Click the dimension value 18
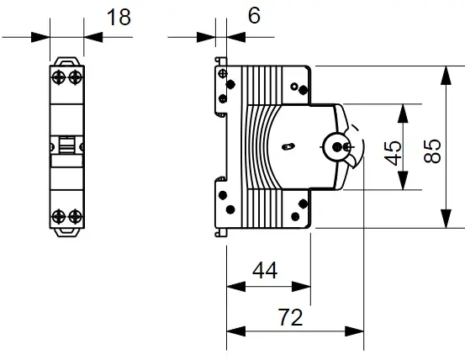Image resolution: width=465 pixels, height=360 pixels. (119, 17)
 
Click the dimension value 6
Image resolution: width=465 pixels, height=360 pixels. (254, 15)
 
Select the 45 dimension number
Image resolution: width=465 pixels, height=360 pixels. (393, 153)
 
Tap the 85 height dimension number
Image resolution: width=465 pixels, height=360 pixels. (432, 151)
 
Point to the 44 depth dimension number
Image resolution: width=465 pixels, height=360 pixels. (265, 271)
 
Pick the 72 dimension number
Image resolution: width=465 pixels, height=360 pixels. (290, 317)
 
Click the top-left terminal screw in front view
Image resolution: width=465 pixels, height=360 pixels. (59, 77)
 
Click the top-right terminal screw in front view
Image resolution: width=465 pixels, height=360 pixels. (76, 77)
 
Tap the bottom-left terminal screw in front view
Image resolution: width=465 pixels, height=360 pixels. (59, 216)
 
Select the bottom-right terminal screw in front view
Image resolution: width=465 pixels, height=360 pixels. (76, 216)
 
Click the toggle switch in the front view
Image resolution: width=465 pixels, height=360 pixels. (66, 145)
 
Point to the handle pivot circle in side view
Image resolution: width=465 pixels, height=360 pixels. (337, 146)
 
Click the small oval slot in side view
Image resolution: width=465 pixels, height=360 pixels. (288, 146)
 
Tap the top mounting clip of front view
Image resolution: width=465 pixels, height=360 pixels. (67, 61)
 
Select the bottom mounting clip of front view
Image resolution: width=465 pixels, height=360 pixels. (67, 232)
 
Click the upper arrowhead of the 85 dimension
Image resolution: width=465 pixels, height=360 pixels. (446, 76)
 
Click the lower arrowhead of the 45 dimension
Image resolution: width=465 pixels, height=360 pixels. (403, 180)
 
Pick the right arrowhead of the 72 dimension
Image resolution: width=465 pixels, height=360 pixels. (354, 331)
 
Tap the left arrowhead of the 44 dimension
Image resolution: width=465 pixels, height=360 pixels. (236, 287)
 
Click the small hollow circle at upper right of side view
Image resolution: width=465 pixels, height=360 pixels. (294, 87)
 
